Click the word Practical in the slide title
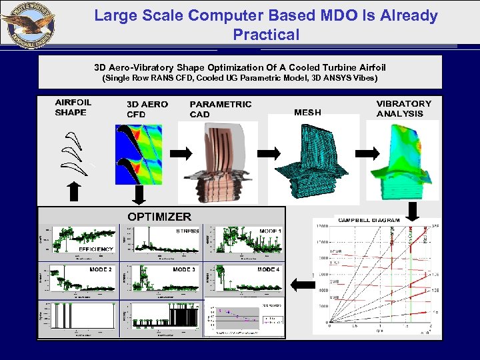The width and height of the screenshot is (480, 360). click(266, 34)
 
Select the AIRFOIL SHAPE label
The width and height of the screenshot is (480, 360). click(73, 107)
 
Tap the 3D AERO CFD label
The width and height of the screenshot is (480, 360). click(147, 109)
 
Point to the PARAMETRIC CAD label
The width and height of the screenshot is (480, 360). click(221, 109)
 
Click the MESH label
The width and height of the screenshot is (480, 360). click(307, 112)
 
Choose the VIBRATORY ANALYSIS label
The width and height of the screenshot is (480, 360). click(403, 108)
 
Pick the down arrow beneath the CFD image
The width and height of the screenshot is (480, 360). click(139, 195)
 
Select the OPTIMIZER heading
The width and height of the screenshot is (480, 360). click(159, 217)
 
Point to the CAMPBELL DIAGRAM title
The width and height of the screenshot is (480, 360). click(369, 220)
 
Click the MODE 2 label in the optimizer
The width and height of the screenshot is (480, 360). click(100, 269)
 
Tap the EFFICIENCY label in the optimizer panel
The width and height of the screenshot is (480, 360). click(96, 249)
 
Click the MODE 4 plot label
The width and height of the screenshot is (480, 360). click(269, 269)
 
